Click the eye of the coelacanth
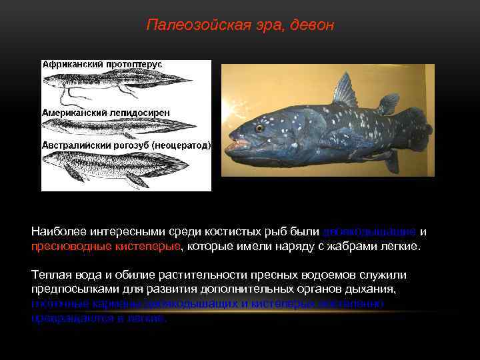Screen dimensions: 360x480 pos(259,127)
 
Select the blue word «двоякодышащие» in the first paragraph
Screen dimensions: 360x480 pos(369,231)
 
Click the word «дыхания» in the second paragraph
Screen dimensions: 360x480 pos(373,290)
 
